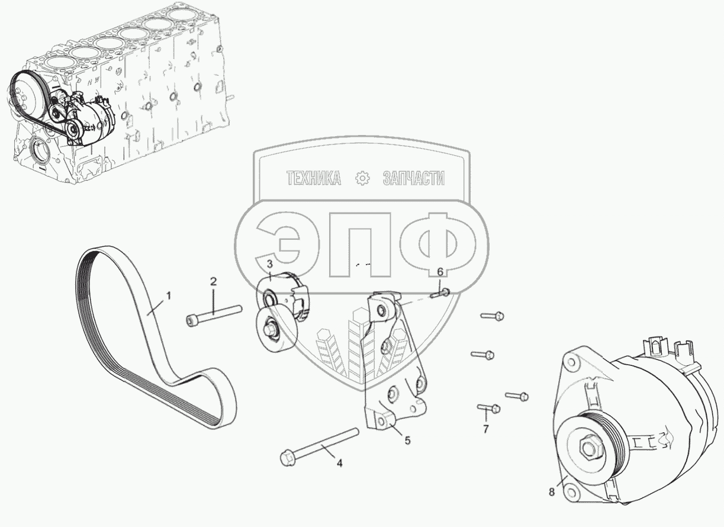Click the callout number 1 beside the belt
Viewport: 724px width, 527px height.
click(x=169, y=294)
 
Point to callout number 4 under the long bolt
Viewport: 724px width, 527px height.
click(x=340, y=464)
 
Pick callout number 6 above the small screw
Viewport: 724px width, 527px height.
click(x=440, y=272)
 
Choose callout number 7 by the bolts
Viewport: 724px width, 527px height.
click(x=486, y=429)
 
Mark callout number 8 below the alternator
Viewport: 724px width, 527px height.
click(x=552, y=491)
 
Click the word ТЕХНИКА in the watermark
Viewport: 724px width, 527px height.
click(x=313, y=178)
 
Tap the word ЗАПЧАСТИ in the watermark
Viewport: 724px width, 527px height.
click(x=414, y=178)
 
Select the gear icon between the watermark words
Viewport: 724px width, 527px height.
click(x=362, y=178)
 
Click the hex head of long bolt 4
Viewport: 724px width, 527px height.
click(x=286, y=458)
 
